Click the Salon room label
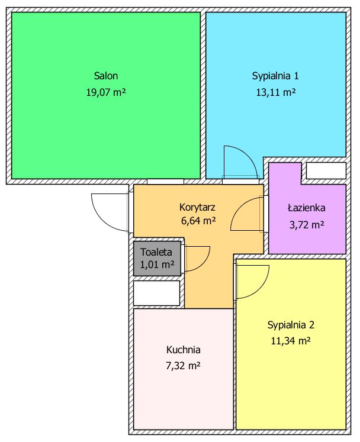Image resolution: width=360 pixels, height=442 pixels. coord(106,76)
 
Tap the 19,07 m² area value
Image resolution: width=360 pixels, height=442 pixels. coord(106,92)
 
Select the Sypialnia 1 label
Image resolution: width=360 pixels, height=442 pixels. coord(275,76)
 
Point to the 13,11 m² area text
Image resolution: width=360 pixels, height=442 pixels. coord(276,92)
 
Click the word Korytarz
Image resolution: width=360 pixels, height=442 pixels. coord(197,208)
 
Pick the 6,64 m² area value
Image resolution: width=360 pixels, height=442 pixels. coord(198,221)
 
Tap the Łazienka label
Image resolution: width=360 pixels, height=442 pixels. coord(306,208)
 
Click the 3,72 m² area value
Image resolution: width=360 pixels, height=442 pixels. coord(307,225)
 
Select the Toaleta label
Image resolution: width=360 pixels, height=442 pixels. coord(156,252)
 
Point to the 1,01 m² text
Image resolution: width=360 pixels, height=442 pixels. coord(157,264)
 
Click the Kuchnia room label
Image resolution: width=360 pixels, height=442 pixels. coord(184,350)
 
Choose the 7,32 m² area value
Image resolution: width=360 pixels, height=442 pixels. coord(184,366)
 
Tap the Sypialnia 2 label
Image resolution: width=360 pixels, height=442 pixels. coord(291,325)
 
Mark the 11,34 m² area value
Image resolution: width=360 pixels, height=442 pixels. coord(291,341)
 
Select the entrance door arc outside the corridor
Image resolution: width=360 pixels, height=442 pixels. coord(101,221)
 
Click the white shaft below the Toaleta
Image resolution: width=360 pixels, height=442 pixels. coord(156,293)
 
